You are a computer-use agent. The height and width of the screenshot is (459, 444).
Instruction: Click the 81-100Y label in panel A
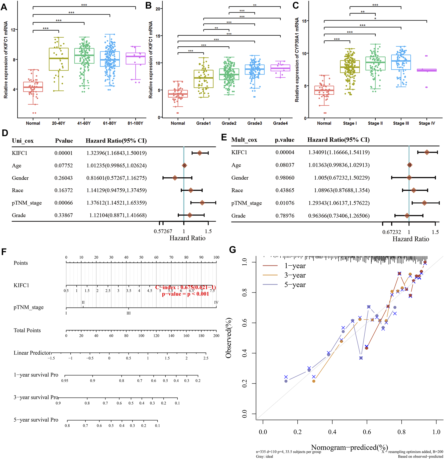pyautogui.click(x=135, y=123)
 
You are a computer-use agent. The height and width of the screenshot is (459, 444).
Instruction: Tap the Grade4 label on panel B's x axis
pyautogui.click(x=280, y=123)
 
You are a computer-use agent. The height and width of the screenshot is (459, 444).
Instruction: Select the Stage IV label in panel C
pyautogui.click(x=427, y=123)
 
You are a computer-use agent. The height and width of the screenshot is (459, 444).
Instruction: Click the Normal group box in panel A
pyautogui.click(x=33, y=87)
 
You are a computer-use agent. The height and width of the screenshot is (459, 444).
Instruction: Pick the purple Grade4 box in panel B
pyautogui.click(x=280, y=68)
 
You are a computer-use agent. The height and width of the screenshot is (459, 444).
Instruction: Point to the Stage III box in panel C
pyautogui.click(x=401, y=62)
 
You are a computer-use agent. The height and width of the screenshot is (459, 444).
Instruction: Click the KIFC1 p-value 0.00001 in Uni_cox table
pyautogui.click(x=64, y=153)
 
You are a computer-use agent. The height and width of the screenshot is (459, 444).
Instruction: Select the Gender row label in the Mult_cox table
pyautogui.click(x=240, y=178)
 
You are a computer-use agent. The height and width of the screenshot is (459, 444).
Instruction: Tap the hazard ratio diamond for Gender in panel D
pyautogui.click(x=175, y=178)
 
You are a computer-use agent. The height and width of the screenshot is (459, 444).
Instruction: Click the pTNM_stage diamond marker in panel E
pyautogui.click(x=424, y=203)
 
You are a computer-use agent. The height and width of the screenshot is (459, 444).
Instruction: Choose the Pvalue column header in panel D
pyautogui.click(x=64, y=141)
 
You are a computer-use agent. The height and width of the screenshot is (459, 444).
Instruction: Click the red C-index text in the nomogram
pyautogui.click(x=185, y=287)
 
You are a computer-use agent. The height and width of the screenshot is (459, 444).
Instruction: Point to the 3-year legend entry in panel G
pyautogui.click(x=295, y=275)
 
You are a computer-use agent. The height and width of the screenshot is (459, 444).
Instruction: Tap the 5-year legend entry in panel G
pyautogui.click(x=295, y=285)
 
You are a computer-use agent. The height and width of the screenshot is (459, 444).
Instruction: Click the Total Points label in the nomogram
pyautogui.click(x=27, y=330)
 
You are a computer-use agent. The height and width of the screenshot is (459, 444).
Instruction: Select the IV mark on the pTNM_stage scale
pyautogui.click(x=216, y=302)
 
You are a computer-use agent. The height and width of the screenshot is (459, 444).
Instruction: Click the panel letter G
pyautogui.click(x=233, y=250)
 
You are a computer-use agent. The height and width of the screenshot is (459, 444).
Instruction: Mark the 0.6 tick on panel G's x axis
pyautogui.click(x=367, y=432)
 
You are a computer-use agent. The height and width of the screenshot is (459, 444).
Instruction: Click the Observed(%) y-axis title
pyautogui.click(x=228, y=338)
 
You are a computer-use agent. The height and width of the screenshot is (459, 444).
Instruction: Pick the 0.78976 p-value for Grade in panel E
pyautogui.click(x=285, y=216)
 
